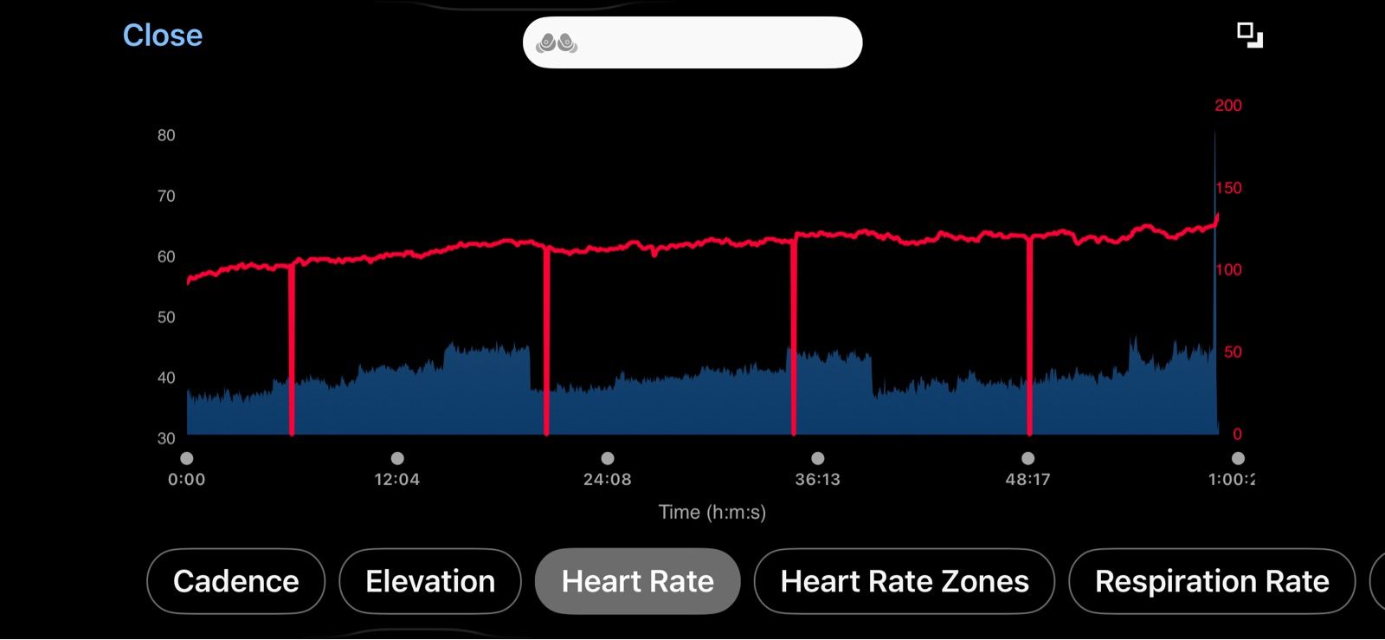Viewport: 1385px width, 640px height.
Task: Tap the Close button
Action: tap(163, 36)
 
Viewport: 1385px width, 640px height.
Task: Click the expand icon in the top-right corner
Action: tap(1249, 36)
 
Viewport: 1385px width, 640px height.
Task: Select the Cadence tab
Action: tap(235, 581)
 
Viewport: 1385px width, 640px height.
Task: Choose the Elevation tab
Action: tap(430, 581)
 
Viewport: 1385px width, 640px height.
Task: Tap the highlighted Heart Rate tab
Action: tap(638, 581)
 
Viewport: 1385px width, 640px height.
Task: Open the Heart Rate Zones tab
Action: tap(905, 581)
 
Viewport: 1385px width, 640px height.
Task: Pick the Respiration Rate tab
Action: tap(1212, 581)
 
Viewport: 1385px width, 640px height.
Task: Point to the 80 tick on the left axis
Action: tap(166, 135)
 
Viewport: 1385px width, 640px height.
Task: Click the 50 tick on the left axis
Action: tap(166, 317)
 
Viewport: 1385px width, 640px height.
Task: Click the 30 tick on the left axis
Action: tap(166, 438)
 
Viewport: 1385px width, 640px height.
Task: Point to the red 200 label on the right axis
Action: tap(1227, 106)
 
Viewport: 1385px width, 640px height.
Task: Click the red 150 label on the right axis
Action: tap(1228, 188)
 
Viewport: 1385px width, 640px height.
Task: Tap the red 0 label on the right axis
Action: tap(1237, 434)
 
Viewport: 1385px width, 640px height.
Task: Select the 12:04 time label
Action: tap(396, 479)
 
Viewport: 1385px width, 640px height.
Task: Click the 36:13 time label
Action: tap(817, 479)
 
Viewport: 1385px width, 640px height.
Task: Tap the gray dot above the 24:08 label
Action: tap(608, 458)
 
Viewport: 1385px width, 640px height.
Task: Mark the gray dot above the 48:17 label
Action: tap(1027, 458)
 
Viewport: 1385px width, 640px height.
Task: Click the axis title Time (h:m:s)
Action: tap(712, 512)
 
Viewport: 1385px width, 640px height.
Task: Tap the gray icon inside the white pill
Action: tap(557, 42)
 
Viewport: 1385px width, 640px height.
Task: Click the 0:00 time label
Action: tap(186, 479)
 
